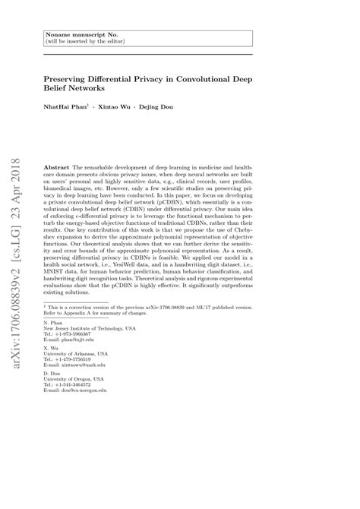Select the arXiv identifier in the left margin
tap(23, 289)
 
